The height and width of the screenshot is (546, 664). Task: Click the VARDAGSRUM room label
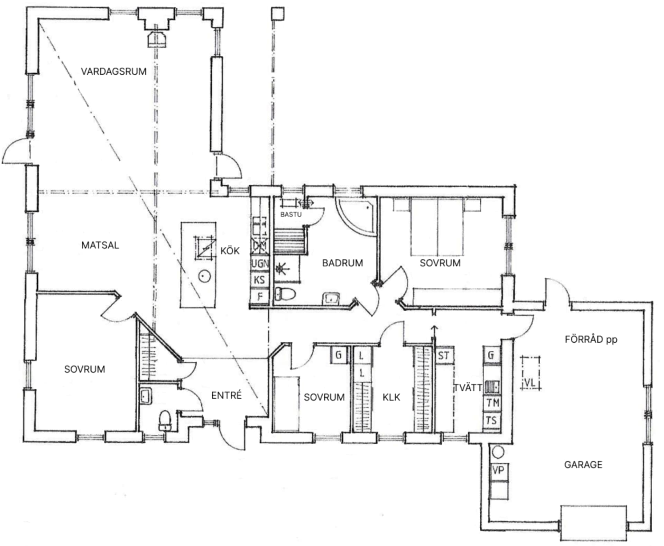113,72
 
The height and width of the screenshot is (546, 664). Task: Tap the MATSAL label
100,245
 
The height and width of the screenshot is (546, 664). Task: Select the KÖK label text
230,251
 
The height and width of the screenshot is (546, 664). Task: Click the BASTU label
291,214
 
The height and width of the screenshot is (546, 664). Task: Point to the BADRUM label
342,263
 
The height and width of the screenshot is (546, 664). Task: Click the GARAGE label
583,464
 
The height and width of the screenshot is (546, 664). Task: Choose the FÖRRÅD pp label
591,339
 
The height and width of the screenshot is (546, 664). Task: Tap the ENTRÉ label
226,395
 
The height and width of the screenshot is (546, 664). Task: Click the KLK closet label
391,397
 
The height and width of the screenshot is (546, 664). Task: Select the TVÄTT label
468,388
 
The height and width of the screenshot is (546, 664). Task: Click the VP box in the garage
498,470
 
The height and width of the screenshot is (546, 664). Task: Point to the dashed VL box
530,373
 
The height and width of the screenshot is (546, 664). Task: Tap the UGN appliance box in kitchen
260,264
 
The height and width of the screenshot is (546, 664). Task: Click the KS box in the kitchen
259,280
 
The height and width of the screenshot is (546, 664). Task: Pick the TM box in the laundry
492,403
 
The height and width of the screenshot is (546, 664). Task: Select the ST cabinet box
444,355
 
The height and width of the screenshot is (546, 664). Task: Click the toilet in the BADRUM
285,294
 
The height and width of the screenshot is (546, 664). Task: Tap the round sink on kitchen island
204,276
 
